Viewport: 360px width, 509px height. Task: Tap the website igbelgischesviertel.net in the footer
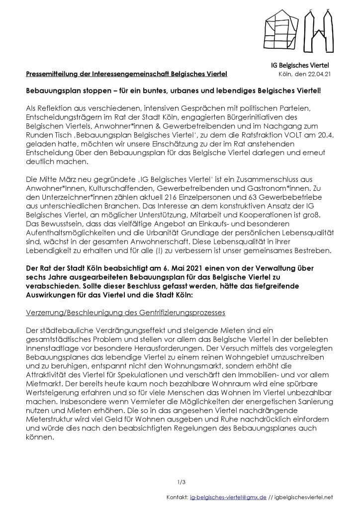click(x=305, y=497)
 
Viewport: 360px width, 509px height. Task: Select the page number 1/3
click(x=181, y=482)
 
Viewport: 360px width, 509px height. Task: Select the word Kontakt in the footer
click(x=178, y=497)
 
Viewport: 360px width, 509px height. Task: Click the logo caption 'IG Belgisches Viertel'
click(x=296, y=65)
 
